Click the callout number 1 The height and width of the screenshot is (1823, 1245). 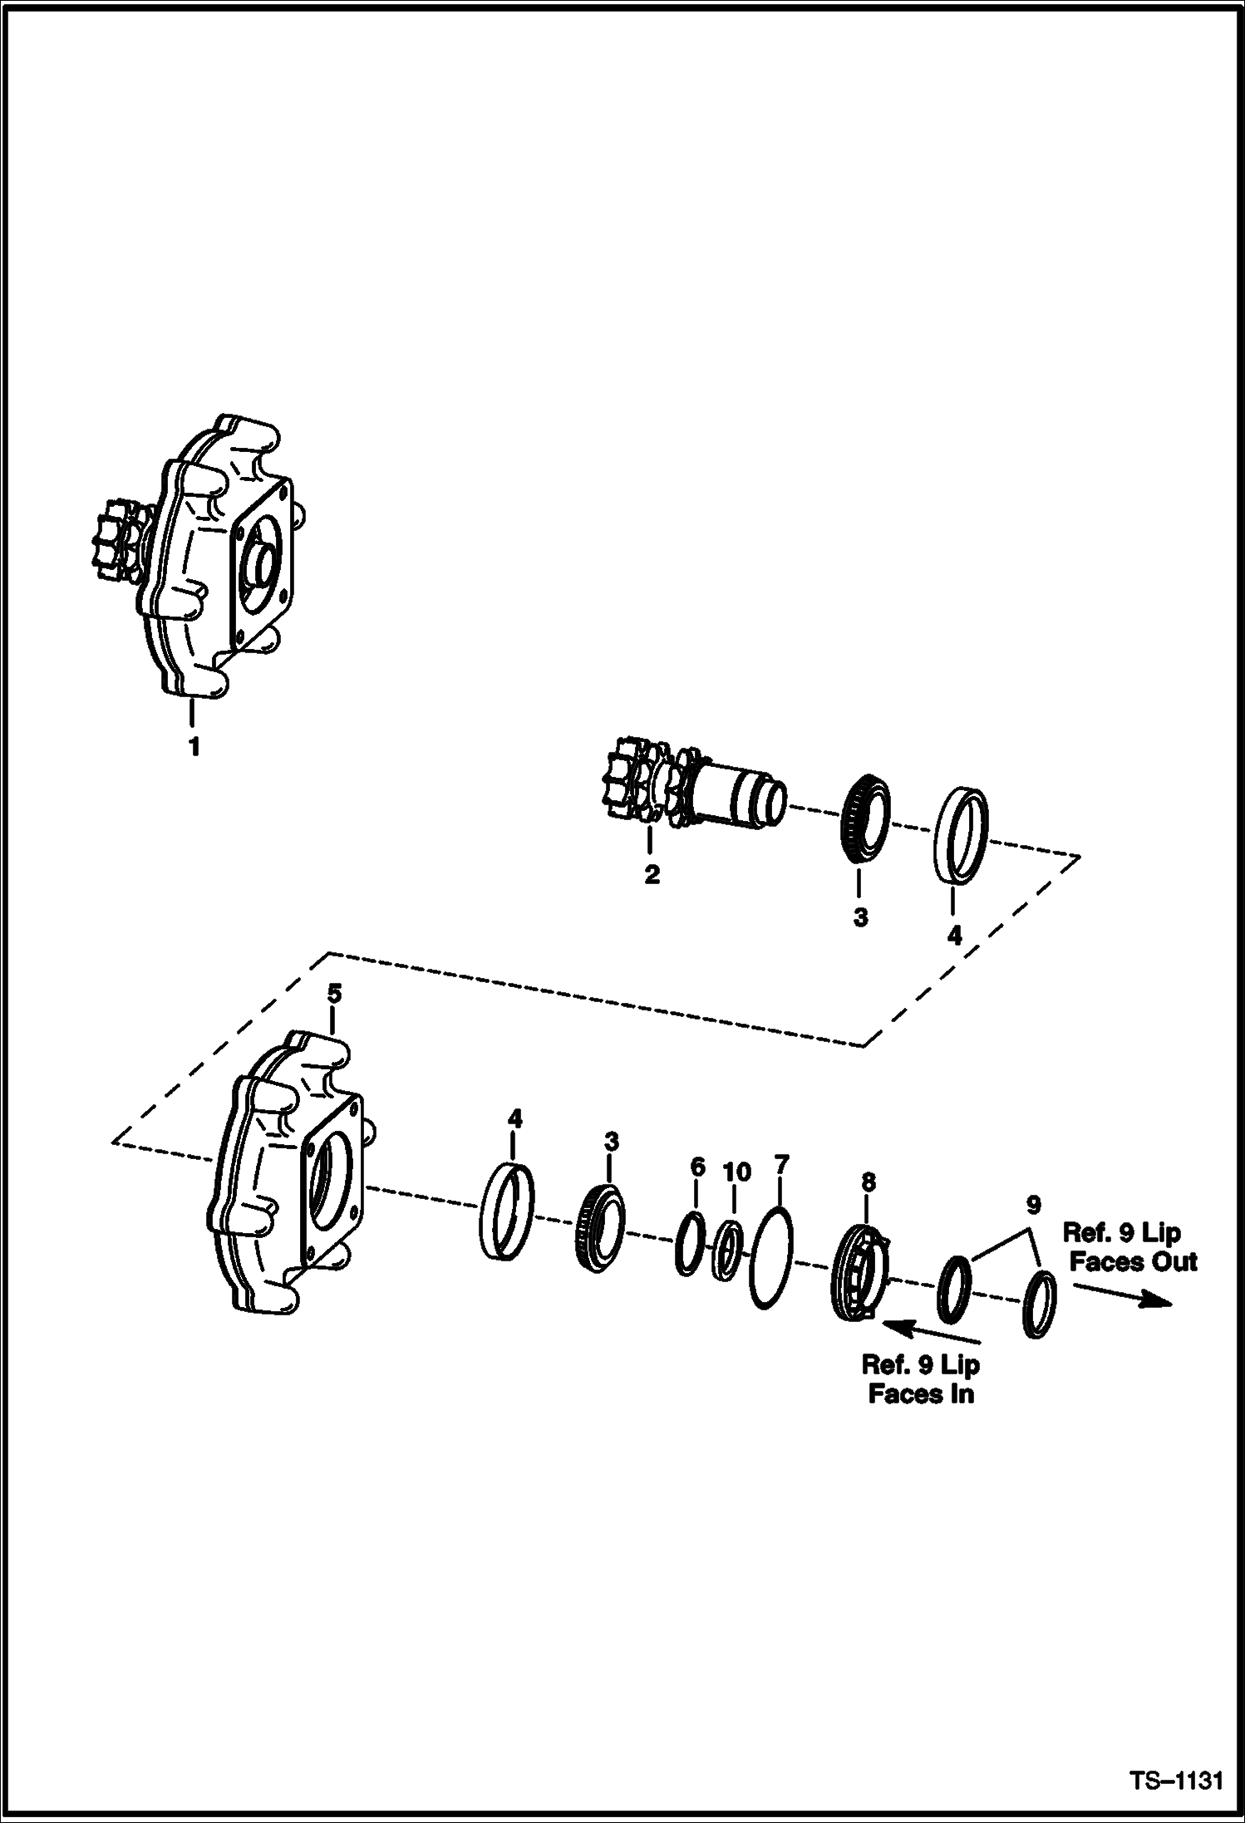tap(194, 747)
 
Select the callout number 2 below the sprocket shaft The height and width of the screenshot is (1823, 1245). tap(652, 874)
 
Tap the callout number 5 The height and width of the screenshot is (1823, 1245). tap(334, 993)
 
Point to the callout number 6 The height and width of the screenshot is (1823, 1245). tap(697, 1167)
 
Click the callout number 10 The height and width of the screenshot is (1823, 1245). tap(736, 1172)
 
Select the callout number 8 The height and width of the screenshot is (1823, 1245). tap(868, 1181)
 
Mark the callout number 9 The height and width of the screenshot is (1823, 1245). tap(1033, 1204)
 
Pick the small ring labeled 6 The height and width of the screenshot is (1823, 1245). tap(691, 1244)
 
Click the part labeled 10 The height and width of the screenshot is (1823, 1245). tap(729, 1251)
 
